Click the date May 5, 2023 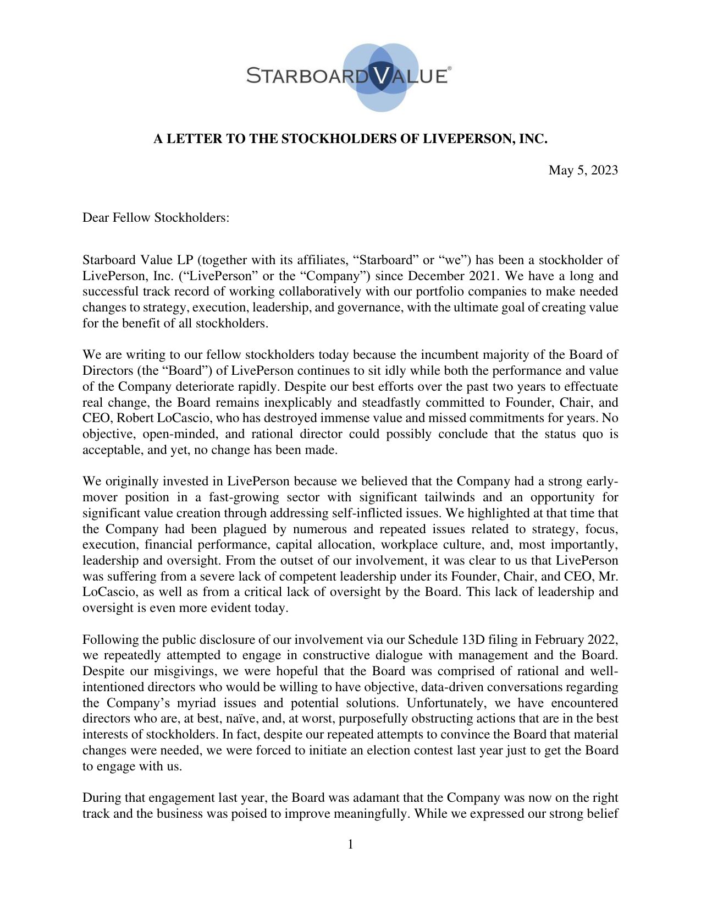[583, 170]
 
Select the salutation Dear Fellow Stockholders [156, 217]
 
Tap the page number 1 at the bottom [350, 844]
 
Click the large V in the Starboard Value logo [381, 75]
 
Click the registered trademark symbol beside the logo [450, 69]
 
